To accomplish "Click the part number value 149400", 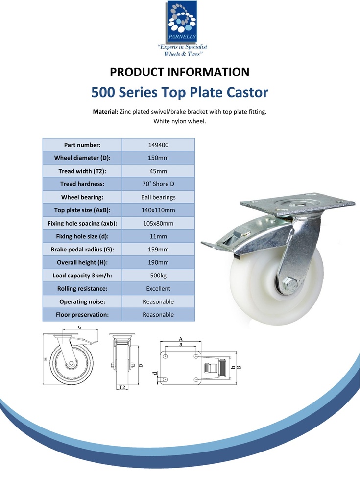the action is coord(158,145).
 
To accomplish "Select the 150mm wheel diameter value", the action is coord(158,158).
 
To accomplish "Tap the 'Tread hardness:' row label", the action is coord(82,184).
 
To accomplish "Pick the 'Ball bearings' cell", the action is coord(158,197).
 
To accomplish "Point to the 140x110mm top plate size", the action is coord(158,210).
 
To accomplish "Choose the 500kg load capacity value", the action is coord(158,276).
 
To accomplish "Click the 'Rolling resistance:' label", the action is coord(82,288).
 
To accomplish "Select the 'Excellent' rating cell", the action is coord(158,288).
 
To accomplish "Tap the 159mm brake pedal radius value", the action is coord(158,250).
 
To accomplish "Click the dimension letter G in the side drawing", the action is coord(80,327).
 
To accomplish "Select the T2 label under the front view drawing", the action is coord(122,387).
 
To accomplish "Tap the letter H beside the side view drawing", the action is coord(46,359).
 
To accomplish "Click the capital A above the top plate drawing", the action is coord(180,339).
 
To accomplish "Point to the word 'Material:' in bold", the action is coord(105,112).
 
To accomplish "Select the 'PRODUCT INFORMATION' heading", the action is coord(180,72).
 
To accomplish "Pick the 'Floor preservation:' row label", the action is coord(82,315).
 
